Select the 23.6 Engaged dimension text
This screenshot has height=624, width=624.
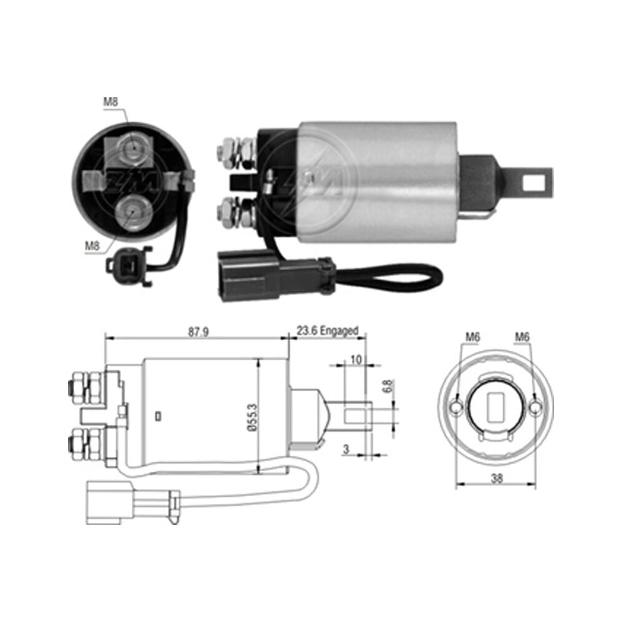click(328, 331)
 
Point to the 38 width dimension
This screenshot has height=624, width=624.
click(497, 479)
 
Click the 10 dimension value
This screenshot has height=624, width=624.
click(356, 360)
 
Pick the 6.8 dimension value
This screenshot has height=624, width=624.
click(388, 386)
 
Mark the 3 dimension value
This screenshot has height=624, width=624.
click(346, 449)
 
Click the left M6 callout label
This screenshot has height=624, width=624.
click(473, 337)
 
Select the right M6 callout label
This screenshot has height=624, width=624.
click(522, 337)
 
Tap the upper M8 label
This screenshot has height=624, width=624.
click(110, 102)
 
